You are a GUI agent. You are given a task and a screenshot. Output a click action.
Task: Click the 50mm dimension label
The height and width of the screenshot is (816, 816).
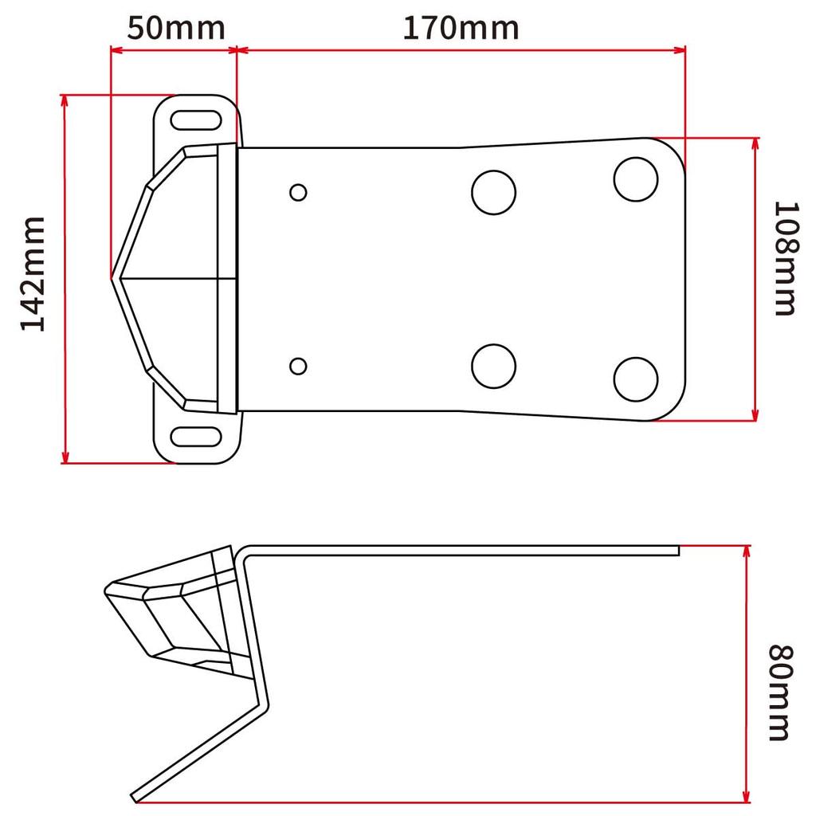tap(175, 28)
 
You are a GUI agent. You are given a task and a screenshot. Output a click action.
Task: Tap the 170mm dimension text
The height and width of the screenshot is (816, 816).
tap(461, 28)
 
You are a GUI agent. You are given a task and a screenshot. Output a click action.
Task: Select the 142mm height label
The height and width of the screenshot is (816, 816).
tap(33, 273)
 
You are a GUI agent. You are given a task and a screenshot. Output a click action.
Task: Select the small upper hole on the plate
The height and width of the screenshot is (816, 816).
tap(299, 192)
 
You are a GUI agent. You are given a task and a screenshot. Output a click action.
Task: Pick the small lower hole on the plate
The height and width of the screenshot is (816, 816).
tap(299, 366)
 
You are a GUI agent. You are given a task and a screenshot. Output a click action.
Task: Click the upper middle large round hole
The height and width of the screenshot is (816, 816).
tap(493, 192)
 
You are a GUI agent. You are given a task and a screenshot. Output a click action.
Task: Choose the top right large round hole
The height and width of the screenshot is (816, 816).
tap(636, 179)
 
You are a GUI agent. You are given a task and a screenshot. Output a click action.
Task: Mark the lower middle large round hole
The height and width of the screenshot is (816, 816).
tap(493, 366)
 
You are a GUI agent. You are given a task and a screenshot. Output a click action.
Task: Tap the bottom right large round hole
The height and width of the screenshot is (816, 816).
tap(636, 379)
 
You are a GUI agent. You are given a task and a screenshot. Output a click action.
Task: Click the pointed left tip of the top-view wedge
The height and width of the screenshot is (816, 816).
tap(112, 277)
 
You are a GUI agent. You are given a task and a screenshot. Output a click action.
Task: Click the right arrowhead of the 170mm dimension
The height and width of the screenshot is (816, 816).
tap(681, 50)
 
